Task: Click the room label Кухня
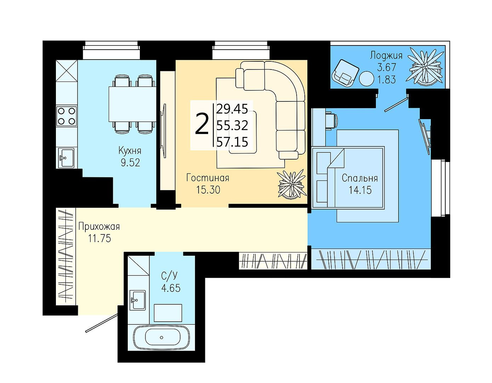(130, 151)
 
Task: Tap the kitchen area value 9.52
(130, 162)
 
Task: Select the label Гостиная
(208, 178)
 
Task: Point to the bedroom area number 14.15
(360, 190)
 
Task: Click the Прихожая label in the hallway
(99, 227)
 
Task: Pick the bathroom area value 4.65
(171, 288)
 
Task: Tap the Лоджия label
(386, 55)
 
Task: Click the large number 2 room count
(201, 124)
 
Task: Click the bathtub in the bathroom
(161, 337)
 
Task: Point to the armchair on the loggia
(345, 73)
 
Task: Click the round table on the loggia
(366, 78)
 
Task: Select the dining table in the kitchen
(132, 104)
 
